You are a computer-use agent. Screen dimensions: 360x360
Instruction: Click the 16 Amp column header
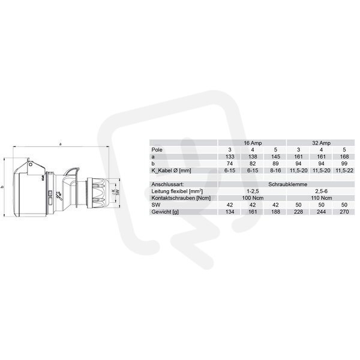point(253,143)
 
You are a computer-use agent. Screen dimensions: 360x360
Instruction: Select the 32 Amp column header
point(321,143)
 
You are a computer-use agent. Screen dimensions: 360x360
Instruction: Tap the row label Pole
point(157,150)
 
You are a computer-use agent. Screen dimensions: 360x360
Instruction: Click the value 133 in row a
point(230,157)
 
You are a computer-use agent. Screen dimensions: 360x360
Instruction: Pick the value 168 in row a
point(344,157)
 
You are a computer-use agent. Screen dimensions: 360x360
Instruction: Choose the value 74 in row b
point(230,164)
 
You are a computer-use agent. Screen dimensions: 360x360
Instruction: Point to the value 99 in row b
point(344,164)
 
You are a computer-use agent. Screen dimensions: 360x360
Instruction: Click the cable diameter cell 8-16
point(275,170)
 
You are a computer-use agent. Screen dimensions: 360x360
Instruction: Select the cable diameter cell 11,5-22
point(344,170)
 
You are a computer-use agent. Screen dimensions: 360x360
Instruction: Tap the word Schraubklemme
point(287,184)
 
